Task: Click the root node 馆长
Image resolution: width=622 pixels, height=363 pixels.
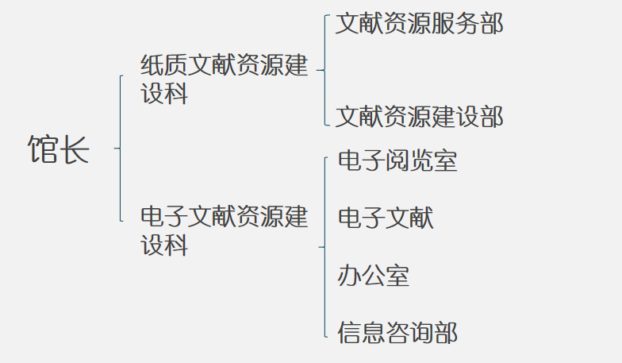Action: pyautogui.click(x=60, y=149)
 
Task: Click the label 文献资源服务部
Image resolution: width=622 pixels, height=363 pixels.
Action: pyautogui.click(x=419, y=24)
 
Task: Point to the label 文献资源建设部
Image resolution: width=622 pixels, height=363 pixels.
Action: pyautogui.click(x=419, y=117)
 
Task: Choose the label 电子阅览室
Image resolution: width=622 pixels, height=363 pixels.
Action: pyautogui.click(x=397, y=161)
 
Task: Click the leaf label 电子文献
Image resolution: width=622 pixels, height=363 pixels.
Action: pyautogui.click(x=386, y=218)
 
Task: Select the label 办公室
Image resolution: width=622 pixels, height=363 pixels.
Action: pyautogui.click(x=374, y=276)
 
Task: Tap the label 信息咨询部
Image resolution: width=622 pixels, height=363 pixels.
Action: pyautogui.click(x=397, y=332)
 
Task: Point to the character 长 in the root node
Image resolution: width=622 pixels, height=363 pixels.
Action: pyautogui.click(x=75, y=149)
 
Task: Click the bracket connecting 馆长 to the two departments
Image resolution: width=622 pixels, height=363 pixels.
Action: pyautogui.click(x=120, y=148)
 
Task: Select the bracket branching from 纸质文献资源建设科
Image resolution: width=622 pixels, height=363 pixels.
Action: pyautogui.click(x=325, y=70)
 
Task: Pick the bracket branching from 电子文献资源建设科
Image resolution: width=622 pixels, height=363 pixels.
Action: pyautogui.click(x=325, y=247)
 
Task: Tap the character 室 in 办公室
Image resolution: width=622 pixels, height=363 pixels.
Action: pyautogui.click(x=397, y=276)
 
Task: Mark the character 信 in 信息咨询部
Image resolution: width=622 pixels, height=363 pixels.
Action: pyautogui.click(x=350, y=332)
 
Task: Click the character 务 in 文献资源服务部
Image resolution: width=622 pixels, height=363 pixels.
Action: pyautogui.click(x=467, y=24)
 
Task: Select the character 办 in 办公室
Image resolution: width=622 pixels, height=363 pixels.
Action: pyautogui.click(x=350, y=276)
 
